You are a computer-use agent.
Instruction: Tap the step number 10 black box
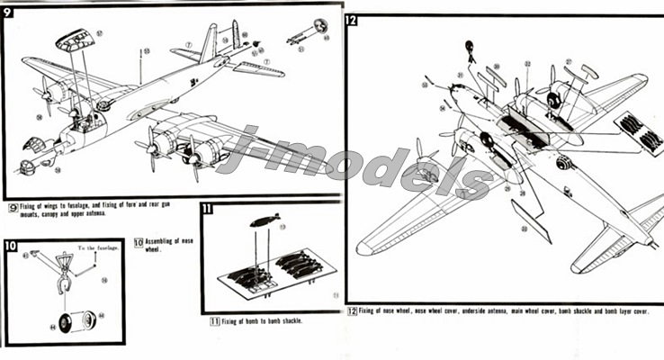[x=10, y=245]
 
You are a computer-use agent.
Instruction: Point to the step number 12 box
[x=351, y=19]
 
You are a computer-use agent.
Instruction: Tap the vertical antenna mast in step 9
[x=141, y=67]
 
